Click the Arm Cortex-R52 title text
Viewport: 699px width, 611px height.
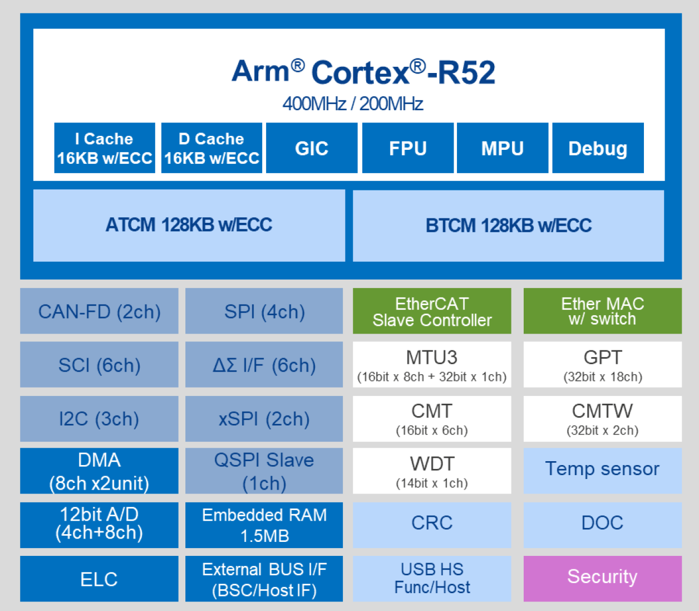(363, 72)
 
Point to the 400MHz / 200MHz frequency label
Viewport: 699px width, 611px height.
(352, 104)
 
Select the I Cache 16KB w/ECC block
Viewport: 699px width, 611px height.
(105, 148)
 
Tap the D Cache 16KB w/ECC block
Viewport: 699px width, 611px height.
(211, 148)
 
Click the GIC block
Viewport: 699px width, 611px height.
(312, 148)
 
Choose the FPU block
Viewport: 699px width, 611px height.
(407, 148)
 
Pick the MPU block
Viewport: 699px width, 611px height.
(502, 148)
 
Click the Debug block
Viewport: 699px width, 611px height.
(598, 148)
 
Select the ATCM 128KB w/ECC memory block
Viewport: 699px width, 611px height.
(189, 225)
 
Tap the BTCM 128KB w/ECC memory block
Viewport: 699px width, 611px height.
(508, 226)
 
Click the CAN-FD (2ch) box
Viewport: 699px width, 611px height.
(99, 311)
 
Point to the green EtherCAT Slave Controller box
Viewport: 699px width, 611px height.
(432, 311)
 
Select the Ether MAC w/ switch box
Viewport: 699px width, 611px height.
(602, 311)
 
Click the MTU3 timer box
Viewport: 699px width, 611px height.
(432, 365)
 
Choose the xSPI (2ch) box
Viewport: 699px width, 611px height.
(264, 419)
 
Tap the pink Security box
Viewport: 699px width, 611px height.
(602, 578)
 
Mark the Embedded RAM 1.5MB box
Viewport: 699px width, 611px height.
(264, 525)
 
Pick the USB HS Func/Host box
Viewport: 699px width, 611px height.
(432, 578)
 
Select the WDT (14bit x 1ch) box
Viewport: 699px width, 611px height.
(432, 471)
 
